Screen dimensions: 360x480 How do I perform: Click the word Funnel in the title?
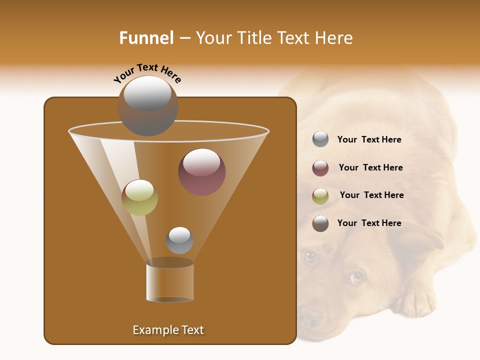pos(146,38)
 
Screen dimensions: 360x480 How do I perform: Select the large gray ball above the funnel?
pos(148,106)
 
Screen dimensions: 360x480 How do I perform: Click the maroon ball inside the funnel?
pos(201,172)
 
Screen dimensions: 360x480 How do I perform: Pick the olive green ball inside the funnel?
pos(139,197)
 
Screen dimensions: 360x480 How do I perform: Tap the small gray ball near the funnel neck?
pos(179,240)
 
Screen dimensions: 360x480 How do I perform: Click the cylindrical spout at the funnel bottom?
pos(169,282)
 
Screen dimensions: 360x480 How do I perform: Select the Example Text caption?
pos(168,330)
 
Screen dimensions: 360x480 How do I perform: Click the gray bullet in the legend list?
pos(320,139)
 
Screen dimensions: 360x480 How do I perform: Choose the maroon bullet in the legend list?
pos(320,168)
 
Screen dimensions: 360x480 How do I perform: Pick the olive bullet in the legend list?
pos(320,196)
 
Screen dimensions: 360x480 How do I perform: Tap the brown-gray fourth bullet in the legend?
pos(320,223)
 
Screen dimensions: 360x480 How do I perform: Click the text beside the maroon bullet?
pos(370,167)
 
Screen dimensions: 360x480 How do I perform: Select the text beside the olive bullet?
pos(371,195)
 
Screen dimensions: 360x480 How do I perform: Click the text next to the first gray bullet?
pos(369,139)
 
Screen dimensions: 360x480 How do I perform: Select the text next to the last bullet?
pos(369,223)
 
